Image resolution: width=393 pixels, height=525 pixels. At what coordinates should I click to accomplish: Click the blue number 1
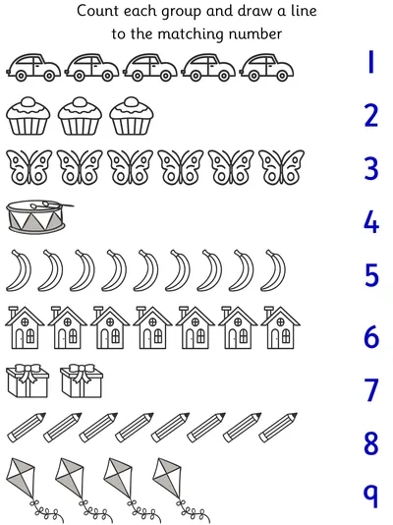[370, 62]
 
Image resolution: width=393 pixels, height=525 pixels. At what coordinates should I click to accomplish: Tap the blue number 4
[371, 221]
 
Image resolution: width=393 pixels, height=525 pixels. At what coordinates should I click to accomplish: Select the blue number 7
[371, 389]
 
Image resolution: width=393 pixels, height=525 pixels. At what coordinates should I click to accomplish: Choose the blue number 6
[371, 336]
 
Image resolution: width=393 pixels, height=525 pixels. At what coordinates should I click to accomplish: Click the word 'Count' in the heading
[98, 11]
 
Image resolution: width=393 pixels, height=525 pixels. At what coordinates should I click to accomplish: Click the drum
[39, 217]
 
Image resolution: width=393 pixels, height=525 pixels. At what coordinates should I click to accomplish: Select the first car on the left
[33, 67]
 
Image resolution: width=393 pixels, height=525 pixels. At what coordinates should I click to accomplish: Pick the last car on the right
[266, 67]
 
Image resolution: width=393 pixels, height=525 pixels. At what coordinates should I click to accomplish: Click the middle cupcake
[80, 116]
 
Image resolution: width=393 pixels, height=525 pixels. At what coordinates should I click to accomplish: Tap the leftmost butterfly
[29, 167]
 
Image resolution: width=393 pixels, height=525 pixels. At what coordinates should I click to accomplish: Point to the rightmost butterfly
[281, 167]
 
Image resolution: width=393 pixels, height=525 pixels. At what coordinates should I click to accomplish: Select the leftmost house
[25, 327]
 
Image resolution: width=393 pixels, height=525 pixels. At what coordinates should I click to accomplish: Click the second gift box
[82, 381]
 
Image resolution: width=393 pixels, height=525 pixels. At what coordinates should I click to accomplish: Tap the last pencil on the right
[278, 428]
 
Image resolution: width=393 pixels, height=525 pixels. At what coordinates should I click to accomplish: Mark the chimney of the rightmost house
[268, 312]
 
